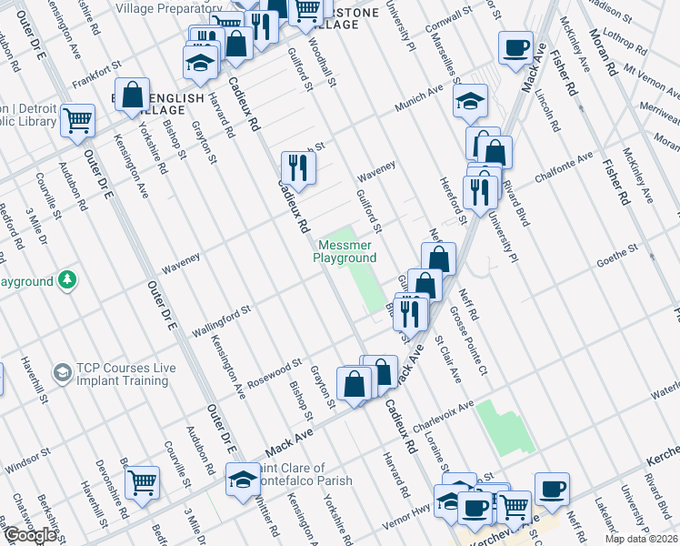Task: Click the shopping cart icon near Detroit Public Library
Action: click(78, 119)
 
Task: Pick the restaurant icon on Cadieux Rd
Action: click(298, 167)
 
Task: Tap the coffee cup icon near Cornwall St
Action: click(515, 50)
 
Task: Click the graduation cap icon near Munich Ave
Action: click(470, 101)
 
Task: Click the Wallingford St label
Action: click(221, 319)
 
